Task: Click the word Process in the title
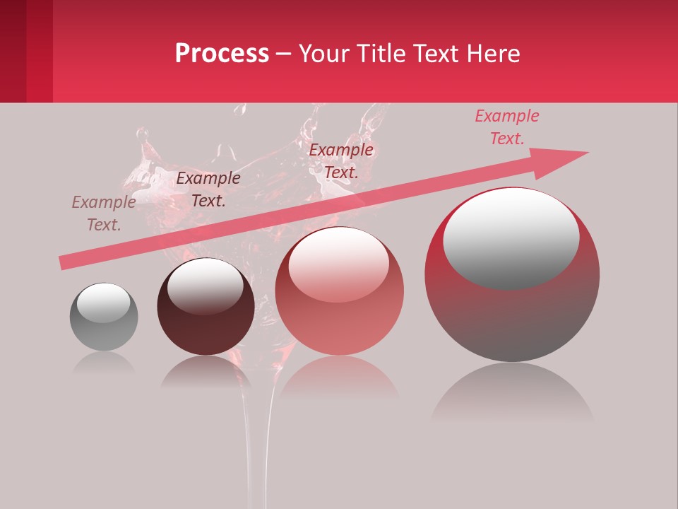[x=222, y=54]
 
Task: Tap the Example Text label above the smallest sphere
[x=104, y=213]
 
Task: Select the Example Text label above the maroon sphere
[x=208, y=189]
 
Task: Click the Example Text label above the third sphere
[x=341, y=160]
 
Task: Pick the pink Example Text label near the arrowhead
[x=506, y=127]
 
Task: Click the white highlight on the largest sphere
[x=511, y=233]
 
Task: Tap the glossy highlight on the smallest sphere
[x=103, y=303]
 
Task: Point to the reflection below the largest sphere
[x=512, y=396]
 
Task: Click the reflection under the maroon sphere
[x=206, y=371]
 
